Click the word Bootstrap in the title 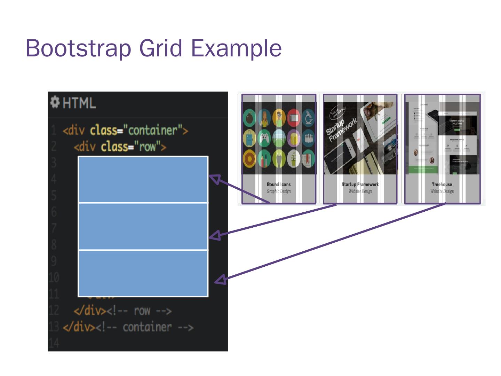click(x=78, y=48)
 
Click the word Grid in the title click(x=161, y=48)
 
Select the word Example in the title click(x=237, y=48)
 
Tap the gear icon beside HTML click(x=55, y=102)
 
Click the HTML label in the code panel click(x=79, y=103)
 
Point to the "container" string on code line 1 click(x=153, y=130)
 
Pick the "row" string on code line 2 click(x=147, y=147)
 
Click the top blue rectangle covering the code click(x=143, y=179)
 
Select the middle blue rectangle click(x=143, y=226)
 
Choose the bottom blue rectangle click(x=143, y=273)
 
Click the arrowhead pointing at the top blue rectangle click(x=215, y=179)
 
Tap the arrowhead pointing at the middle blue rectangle click(x=215, y=235)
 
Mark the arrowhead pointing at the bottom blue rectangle click(x=221, y=280)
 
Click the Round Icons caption click(x=278, y=185)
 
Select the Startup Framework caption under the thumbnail click(x=360, y=185)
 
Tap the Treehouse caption click(x=442, y=185)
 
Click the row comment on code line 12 click(x=139, y=311)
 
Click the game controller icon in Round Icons click(x=264, y=138)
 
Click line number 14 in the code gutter click(x=54, y=343)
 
